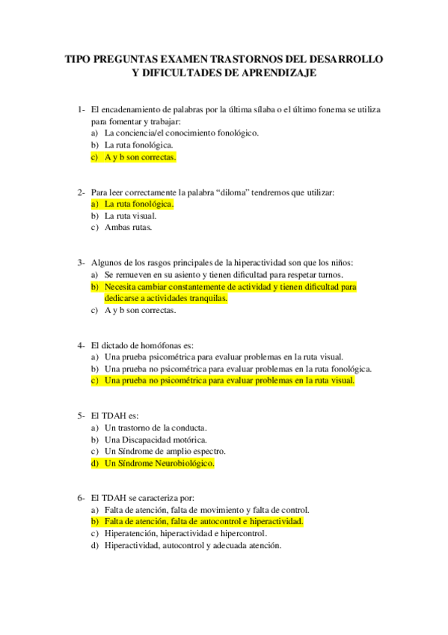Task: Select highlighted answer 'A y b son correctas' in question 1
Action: click(x=140, y=158)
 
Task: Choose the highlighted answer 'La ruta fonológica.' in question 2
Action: click(x=138, y=204)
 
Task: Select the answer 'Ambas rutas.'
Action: click(x=128, y=228)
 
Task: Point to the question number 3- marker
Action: click(x=82, y=263)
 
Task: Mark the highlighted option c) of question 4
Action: click(x=229, y=380)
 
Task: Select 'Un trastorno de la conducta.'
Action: click(x=156, y=428)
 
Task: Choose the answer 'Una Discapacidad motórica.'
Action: click(x=156, y=440)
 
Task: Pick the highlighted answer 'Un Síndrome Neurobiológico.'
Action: click(x=159, y=464)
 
